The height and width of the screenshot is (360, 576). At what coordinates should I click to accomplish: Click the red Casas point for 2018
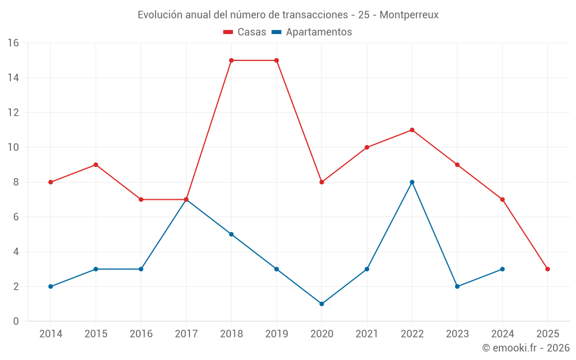pyautogui.click(x=231, y=60)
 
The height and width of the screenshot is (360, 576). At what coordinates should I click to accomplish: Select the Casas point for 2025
pyautogui.click(x=547, y=269)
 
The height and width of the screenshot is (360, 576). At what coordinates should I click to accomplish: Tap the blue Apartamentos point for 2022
pyautogui.click(x=412, y=182)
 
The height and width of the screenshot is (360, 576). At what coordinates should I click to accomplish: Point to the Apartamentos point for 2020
pyautogui.click(x=321, y=304)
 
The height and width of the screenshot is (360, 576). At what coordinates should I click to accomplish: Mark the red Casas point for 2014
pyautogui.click(x=51, y=182)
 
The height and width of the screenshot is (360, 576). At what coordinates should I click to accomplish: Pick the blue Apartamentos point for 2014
pyautogui.click(x=51, y=286)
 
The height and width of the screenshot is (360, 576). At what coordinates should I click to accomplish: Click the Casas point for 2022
pyautogui.click(x=412, y=130)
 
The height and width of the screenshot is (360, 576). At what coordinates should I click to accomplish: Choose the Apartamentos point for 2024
pyautogui.click(x=502, y=269)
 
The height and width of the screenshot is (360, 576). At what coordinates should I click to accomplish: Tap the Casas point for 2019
pyautogui.click(x=276, y=60)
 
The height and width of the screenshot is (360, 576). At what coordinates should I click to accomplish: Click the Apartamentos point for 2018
pyautogui.click(x=231, y=234)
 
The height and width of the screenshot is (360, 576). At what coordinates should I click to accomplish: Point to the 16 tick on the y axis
pyautogui.click(x=13, y=43)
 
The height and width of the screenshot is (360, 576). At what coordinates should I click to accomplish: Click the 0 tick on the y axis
pyautogui.click(x=16, y=321)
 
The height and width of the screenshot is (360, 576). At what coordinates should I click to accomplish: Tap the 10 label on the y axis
pyautogui.click(x=13, y=147)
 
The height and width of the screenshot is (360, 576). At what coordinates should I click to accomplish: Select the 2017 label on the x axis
pyautogui.click(x=186, y=334)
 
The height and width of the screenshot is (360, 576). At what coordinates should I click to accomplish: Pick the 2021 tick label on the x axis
pyautogui.click(x=367, y=334)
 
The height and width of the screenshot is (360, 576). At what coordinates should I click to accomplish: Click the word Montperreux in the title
pyautogui.click(x=409, y=15)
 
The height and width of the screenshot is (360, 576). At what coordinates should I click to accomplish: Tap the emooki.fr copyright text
pyautogui.click(x=526, y=348)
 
